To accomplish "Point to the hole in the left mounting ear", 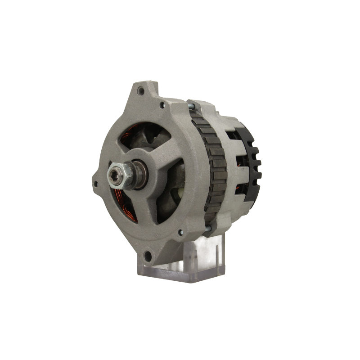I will [x=96, y=184].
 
